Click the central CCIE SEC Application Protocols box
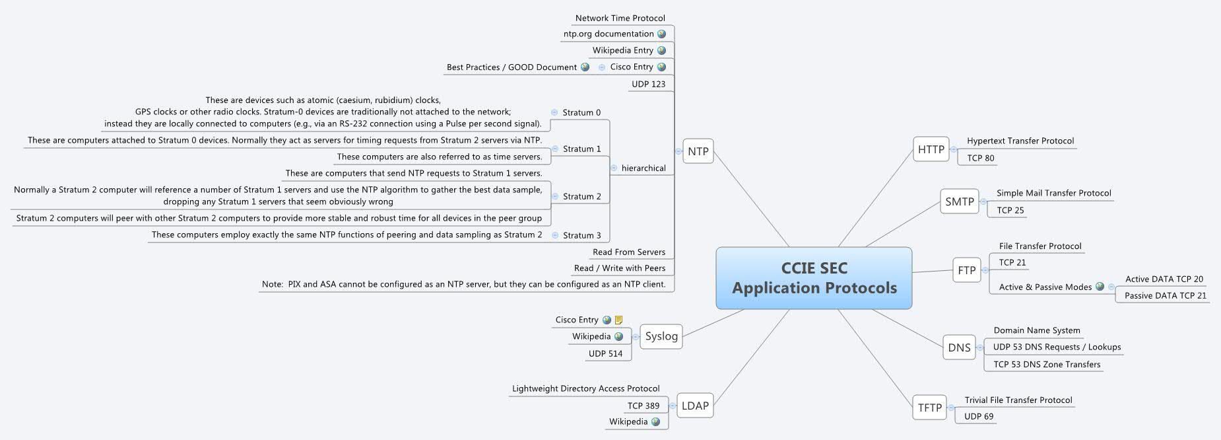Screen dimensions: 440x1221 click(x=814, y=278)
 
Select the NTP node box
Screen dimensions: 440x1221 click(x=698, y=151)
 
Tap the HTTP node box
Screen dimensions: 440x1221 click(x=931, y=149)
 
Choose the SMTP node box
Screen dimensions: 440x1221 click(x=959, y=202)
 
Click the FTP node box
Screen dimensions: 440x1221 click(x=966, y=270)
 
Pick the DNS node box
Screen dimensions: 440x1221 click(x=959, y=348)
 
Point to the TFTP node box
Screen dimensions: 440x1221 click(x=929, y=408)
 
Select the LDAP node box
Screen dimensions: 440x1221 click(x=694, y=406)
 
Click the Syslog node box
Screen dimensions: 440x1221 click(x=661, y=336)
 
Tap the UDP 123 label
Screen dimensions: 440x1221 click(x=648, y=84)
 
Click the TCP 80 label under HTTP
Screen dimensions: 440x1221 click(x=980, y=158)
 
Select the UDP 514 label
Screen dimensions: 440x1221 click(x=605, y=353)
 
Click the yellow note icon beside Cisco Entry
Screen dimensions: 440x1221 click(x=618, y=320)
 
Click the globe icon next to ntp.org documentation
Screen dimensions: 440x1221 click(x=661, y=34)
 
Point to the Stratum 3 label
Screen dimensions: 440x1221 click(x=581, y=235)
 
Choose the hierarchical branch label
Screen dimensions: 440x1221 click(x=643, y=168)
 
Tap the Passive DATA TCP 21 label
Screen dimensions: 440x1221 click(x=1165, y=295)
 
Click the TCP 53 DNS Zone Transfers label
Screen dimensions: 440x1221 click(x=1047, y=364)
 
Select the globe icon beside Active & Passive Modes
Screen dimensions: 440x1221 click(x=1100, y=287)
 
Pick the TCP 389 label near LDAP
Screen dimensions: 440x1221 click(x=643, y=406)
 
